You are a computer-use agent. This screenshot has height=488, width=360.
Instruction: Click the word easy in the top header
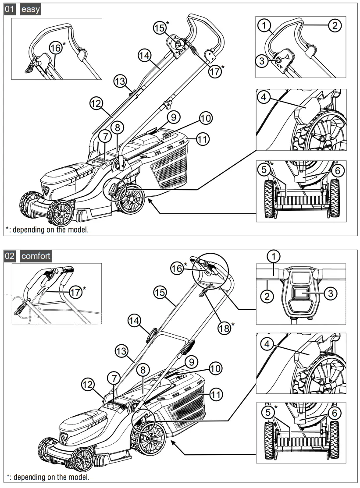point(30,10)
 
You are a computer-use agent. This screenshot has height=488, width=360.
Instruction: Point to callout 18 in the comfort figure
point(225,327)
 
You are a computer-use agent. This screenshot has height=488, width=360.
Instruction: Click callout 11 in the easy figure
point(202,139)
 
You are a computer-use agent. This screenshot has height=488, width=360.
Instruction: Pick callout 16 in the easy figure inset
point(56,48)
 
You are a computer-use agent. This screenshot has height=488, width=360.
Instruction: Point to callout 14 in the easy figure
point(144,55)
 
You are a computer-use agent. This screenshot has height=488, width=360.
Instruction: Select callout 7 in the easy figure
point(104,136)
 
